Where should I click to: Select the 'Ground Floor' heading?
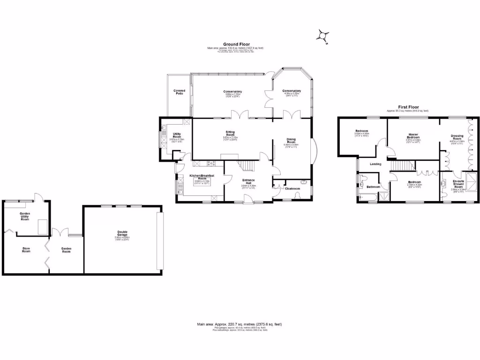point(236,44)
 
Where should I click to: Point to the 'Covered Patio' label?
point(179,92)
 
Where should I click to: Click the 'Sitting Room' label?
point(230,134)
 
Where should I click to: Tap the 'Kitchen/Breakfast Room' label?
point(202,177)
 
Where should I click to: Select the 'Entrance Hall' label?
point(248,181)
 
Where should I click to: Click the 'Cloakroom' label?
point(292,188)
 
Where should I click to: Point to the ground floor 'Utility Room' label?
point(177,135)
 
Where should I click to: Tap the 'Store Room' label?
point(26,250)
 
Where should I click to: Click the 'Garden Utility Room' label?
point(25,216)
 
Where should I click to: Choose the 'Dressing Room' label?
point(457,137)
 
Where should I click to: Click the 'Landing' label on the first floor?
point(375,164)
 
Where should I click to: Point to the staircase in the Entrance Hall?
point(247,165)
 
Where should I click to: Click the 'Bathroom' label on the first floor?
point(373,187)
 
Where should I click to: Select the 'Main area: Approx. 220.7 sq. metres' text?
point(240,324)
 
